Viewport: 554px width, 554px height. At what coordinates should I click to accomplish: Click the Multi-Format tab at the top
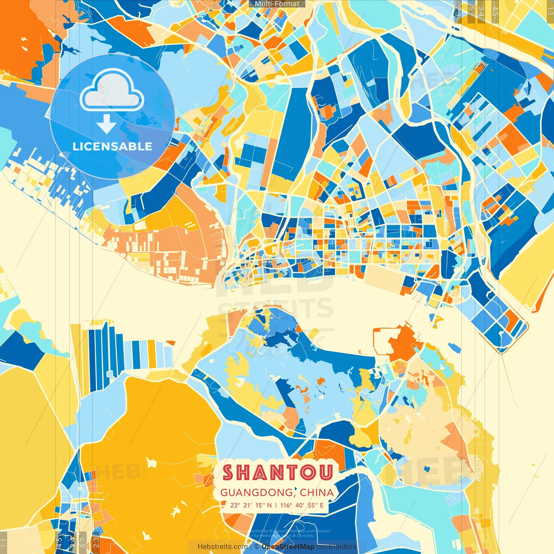point(277,4)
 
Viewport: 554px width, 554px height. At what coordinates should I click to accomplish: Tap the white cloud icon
point(112,91)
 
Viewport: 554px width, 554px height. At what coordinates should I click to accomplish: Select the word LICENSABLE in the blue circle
point(113,146)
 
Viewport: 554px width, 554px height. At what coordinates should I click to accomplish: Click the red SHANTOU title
point(277,473)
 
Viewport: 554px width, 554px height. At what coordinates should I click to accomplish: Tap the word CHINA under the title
point(317,493)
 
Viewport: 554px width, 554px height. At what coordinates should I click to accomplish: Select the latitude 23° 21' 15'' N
point(251,505)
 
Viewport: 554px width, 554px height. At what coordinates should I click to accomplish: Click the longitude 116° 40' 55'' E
point(302,505)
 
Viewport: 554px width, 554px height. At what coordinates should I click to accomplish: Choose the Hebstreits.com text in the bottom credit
point(222,547)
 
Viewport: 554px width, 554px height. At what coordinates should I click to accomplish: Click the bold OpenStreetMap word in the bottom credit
point(288,547)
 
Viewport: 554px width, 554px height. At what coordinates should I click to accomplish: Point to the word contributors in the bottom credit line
point(336,547)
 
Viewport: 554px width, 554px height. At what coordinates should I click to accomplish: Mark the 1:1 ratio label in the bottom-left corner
point(4,543)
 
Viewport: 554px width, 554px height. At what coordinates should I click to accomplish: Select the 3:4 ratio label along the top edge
point(481,11)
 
